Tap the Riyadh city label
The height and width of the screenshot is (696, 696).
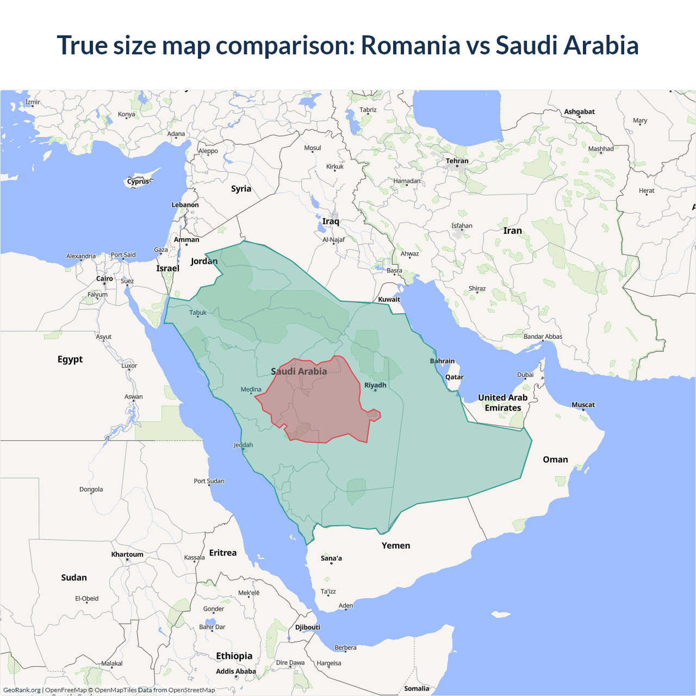point(375,385)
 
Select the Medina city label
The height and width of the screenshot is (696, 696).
point(251,389)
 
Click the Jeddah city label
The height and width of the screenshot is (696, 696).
point(243,445)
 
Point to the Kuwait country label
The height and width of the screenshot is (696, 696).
point(389,299)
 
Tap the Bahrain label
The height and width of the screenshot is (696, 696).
point(442,361)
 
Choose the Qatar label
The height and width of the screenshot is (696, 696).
point(454,377)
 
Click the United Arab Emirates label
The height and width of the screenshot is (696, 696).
point(502,402)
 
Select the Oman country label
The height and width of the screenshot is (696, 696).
point(555,459)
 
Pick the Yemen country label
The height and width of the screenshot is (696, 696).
point(396,545)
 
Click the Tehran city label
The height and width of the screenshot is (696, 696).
point(457,161)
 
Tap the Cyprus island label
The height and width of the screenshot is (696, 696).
point(138,182)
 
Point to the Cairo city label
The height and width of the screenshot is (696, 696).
point(104,278)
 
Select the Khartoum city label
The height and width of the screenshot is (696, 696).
point(127,555)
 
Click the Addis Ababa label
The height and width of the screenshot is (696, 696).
point(235,671)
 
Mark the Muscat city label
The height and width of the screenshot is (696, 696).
point(583,405)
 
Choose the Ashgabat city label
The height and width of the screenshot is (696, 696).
point(579,111)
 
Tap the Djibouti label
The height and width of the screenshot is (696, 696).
point(308,627)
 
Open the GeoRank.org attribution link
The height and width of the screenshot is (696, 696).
point(22,690)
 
